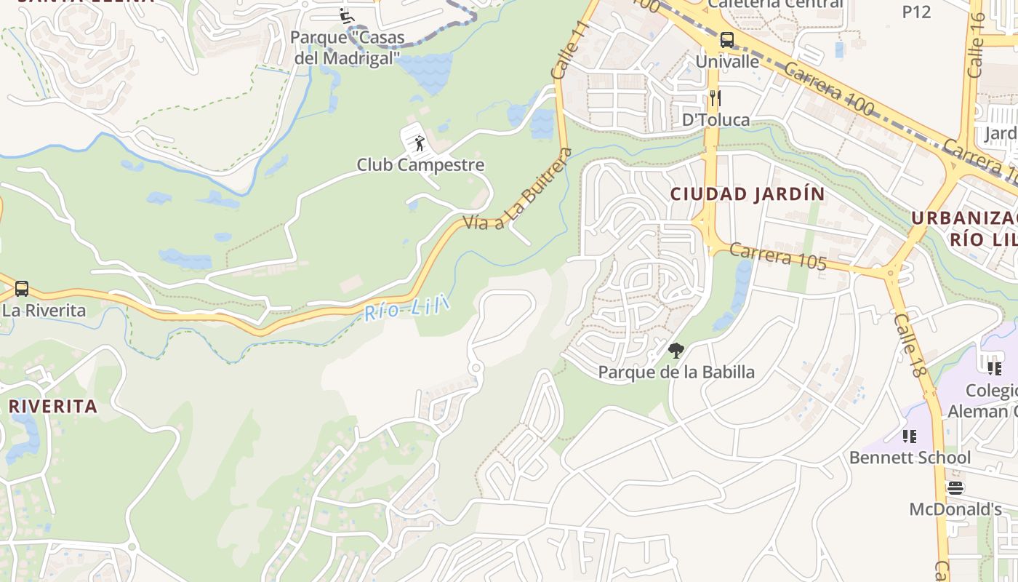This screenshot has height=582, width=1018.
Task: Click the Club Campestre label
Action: [420, 165]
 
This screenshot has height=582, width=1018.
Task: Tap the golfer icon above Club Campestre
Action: [420, 143]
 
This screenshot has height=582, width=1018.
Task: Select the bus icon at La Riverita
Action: [22, 289]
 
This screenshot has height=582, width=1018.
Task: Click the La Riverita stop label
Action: [44, 311]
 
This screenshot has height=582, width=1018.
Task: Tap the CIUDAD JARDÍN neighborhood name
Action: [748, 194]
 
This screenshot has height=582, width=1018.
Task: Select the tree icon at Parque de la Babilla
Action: [676, 351]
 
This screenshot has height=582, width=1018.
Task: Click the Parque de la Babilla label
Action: [676, 372]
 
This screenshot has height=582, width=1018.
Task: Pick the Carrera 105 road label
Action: [777, 257]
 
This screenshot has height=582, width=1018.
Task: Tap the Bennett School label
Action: [910, 458]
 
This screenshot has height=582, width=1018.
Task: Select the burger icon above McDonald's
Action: [955, 487]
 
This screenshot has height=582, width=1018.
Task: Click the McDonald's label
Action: [955, 509]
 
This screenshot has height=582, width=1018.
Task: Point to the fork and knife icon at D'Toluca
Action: [716, 98]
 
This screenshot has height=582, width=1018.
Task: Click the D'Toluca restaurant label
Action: [716, 120]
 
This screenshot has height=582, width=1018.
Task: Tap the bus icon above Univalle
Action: [726, 40]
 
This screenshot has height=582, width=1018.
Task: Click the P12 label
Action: [916, 12]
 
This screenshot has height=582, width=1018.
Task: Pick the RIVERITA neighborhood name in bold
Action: [52, 407]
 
